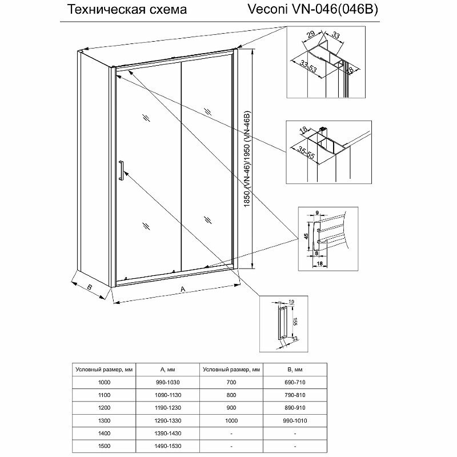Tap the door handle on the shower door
pos(121,171)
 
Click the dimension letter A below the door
pos(182,290)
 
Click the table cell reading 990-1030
pos(167,382)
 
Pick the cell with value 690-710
pos(295,382)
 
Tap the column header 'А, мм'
pos(167,370)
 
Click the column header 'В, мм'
pos(295,370)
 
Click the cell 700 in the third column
pos(231,382)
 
